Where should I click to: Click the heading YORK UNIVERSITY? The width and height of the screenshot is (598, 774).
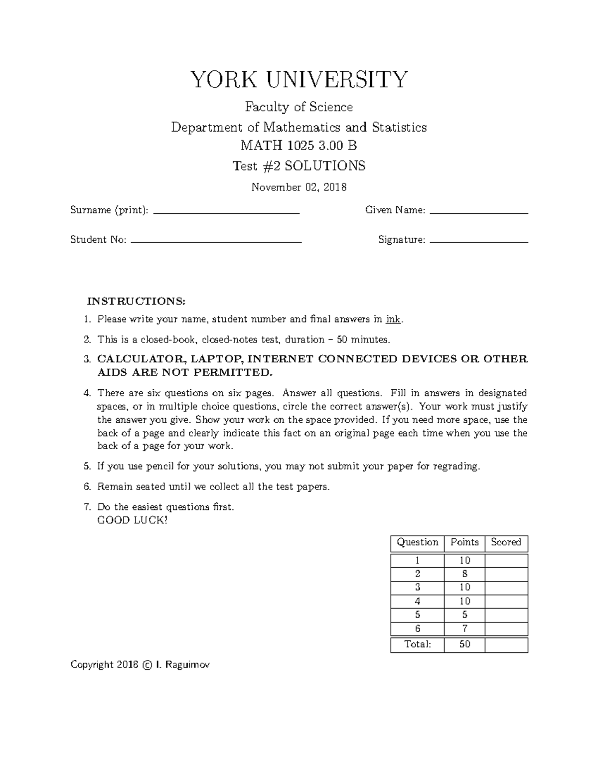(299, 80)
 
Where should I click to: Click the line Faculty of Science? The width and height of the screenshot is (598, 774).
(299, 107)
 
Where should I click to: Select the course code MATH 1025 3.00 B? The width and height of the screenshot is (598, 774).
(299, 146)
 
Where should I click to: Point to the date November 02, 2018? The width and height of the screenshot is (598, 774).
(299, 187)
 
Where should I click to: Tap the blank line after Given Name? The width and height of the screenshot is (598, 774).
(478, 212)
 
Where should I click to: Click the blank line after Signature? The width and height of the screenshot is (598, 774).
(478, 241)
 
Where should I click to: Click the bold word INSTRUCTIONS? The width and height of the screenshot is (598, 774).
(136, 301)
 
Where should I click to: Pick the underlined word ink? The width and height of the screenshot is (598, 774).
(393, 319)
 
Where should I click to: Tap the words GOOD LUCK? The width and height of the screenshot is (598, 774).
(133, 520)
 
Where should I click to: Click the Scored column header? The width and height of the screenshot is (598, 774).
(506, 542)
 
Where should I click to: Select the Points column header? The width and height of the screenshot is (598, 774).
(464, 542)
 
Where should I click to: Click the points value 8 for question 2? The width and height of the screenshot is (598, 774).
(464, 574)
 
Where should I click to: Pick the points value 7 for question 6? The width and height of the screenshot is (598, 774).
(464, 628)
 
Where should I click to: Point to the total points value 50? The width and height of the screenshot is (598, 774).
(464, 644)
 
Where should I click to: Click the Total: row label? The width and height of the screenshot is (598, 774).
(418, 644)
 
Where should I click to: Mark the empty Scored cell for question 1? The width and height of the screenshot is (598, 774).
(506, 561)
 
